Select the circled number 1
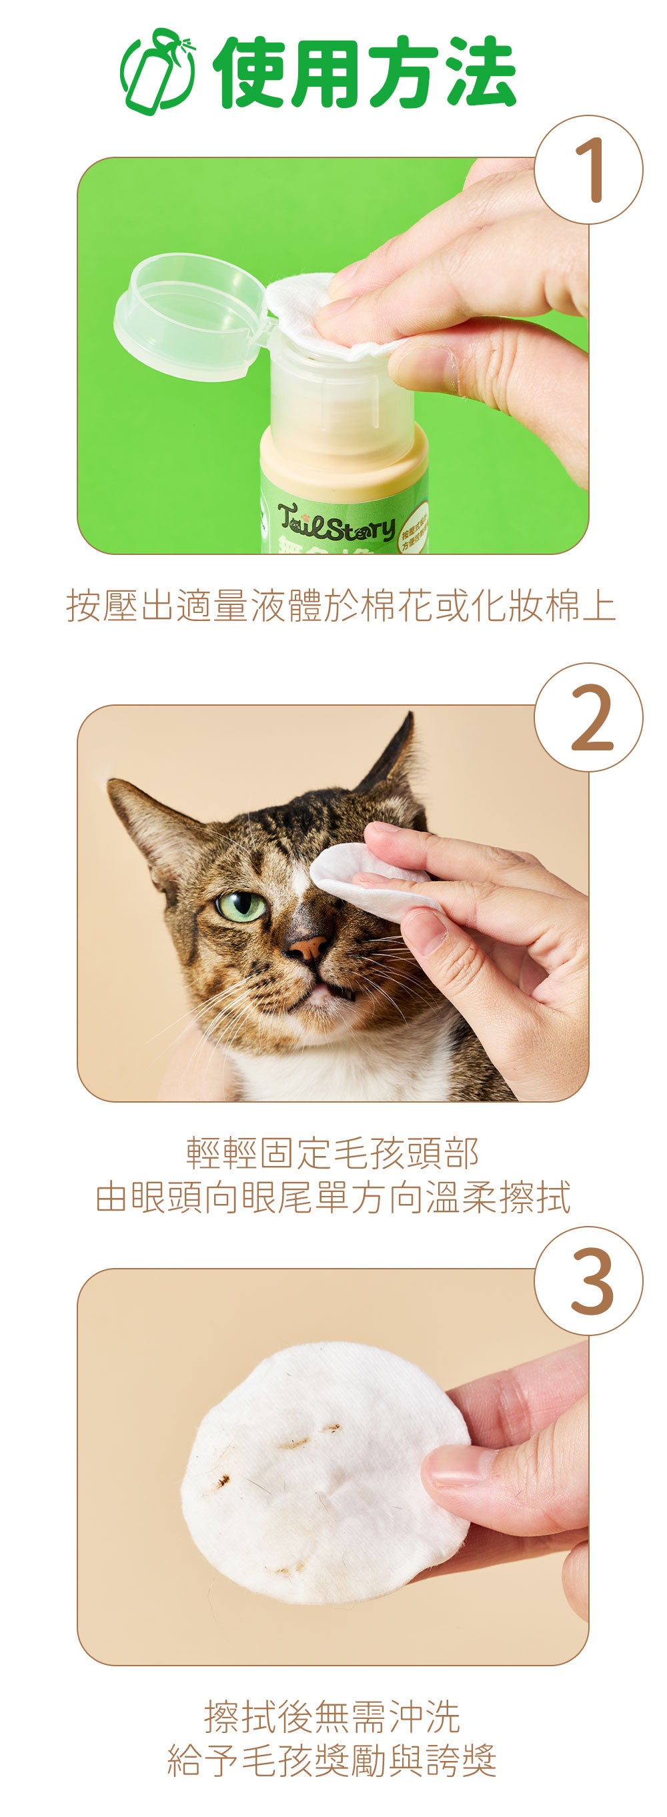tap(588, 170)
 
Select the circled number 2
tap(588, 717)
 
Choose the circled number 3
tap(588, 1281)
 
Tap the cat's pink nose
tap(309, 947)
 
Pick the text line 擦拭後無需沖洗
tap(333, 1716)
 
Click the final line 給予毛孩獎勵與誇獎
tap(333, 1760)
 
